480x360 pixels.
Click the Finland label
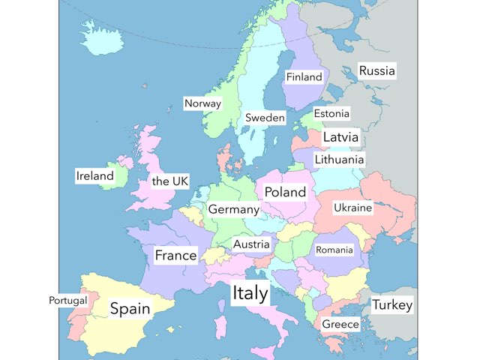coord(304,77)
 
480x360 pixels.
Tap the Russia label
coord(376,71)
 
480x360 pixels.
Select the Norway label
coord(202,103)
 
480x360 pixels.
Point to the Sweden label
coord(265,118)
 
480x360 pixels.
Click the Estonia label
coord(331,114)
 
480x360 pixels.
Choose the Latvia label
coord(340,137)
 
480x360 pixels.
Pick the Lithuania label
coord(339,160)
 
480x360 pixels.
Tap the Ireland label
coord(94,176)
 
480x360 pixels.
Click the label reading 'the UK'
coord(170,181)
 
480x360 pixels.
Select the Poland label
coord(285,192)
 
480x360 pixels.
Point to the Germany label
coord(233,209)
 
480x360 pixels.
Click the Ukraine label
coord(352,208)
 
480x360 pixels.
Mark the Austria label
coord(251,244)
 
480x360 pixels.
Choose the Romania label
coord(334,249)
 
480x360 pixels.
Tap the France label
coord(175,256)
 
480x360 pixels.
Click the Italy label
coord(250,293)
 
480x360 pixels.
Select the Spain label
coord(130,308)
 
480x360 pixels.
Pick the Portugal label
coord(68,300)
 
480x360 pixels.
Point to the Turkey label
coord(392,305)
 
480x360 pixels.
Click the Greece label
coord(340,325)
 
